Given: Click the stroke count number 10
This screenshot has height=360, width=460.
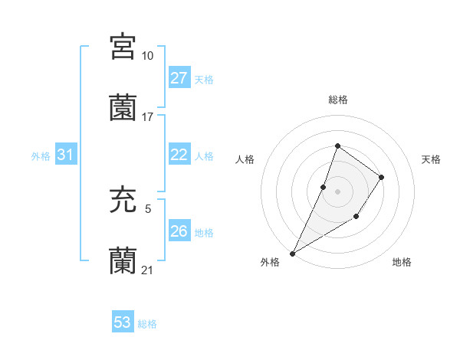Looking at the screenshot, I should (x=147, y=56).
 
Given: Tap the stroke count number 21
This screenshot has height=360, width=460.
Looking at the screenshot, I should (x=147, y=270).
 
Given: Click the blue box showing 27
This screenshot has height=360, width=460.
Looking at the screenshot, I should (x=179, y=78).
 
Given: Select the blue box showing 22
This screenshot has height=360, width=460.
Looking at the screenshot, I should (x=179, y=155).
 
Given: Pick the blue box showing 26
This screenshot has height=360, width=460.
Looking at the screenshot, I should (x=179, y=231).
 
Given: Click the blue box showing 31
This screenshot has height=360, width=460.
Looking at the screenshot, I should (x=66, y=155).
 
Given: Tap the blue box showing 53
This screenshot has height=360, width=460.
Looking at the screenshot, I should (x=123, y=322).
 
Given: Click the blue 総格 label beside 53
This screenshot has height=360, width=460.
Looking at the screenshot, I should (x=147, y=324).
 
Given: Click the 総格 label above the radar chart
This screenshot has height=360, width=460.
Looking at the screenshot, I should (x=337, y=100).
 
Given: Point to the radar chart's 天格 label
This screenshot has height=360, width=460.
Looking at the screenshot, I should (x=431, y=159).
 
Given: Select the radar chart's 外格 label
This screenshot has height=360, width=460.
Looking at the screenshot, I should (x=270, y=262).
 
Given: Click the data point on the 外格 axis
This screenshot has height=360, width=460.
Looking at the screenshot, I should (x=292, y=253).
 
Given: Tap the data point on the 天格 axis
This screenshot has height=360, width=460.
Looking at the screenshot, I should (x=381, y=177).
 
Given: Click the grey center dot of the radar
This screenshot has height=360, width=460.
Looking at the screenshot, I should (x=337, y=191).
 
